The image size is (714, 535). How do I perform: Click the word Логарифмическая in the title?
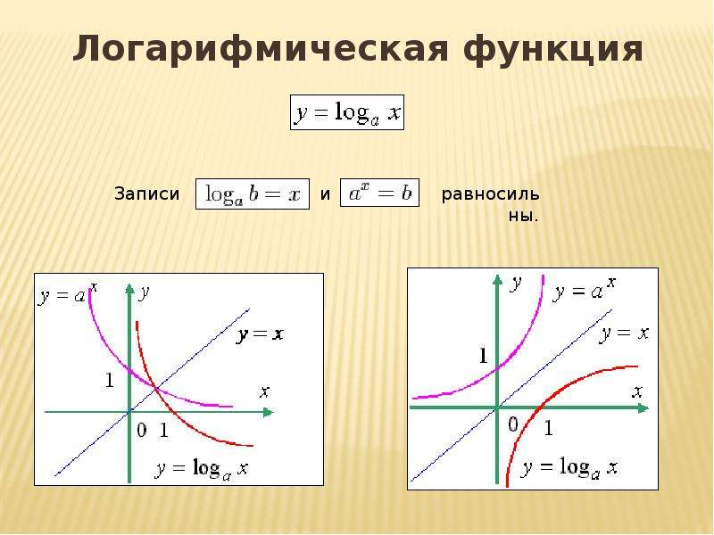[x=261, y=49]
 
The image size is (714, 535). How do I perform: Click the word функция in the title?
[x=552, y=49]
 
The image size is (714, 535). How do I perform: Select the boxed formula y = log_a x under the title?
[x=347, y=112]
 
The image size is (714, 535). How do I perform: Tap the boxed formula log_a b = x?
[x=253, y=194]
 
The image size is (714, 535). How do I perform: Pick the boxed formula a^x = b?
[x=380, y=193]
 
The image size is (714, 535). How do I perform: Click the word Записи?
[x=146, y=193]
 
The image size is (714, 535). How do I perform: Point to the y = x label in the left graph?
[x=260, y=335]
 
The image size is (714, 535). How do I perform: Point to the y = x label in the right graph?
[x=624, y=333]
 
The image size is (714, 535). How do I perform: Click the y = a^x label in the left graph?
[x=68, y=294]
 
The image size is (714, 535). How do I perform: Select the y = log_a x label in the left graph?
[x=202, y=469]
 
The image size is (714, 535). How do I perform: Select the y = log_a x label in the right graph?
[x=570, y=467]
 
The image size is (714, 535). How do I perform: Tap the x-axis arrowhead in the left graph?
[x=269, y=412]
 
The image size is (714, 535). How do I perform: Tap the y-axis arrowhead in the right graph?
[x=497, y=280]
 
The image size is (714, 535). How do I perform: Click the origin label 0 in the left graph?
[x=142, y=430]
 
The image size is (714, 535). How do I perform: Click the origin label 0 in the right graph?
[x=513, y=424]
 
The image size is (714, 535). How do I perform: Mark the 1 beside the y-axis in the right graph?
[x=483, y=356]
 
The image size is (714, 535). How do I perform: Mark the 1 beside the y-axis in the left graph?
[x=109, y=380]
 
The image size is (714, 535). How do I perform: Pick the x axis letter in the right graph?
[x=637, y=391]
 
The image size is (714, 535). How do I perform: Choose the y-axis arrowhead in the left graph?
[x=129, y=289]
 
